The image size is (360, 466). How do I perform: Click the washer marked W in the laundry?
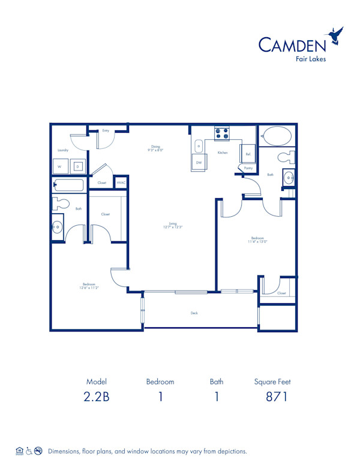pos(61,166)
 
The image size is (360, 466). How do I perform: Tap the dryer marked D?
pos(77,166)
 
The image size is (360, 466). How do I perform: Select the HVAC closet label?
pos(121,183)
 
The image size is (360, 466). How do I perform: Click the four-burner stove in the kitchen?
pos(221,134)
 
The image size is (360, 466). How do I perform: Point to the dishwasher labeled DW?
pos(199,162)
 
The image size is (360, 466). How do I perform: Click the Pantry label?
pos(248,169)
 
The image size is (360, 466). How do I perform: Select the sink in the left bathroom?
pos(57,226)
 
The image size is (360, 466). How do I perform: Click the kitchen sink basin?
pos(199,146)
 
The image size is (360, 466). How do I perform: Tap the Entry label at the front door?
pos(106,130)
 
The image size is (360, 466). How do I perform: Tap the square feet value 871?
pos(277,397)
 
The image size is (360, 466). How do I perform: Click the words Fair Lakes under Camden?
pos(311,59)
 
